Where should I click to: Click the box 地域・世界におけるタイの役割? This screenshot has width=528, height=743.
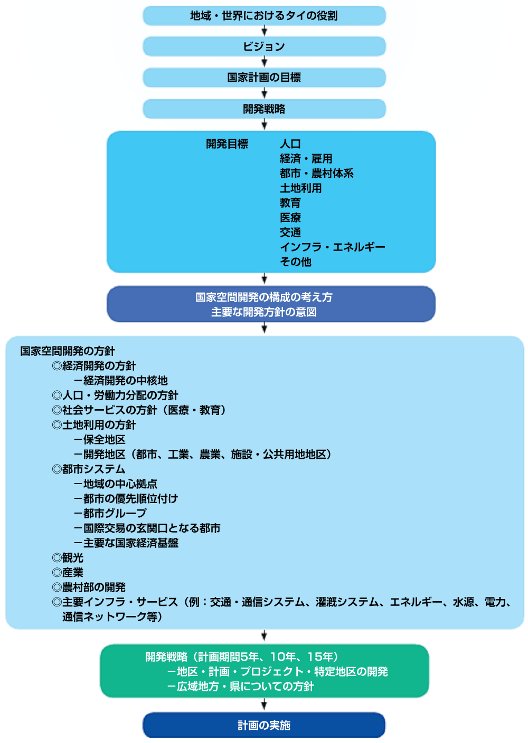[264, 16]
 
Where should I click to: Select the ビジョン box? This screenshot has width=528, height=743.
[264, 46]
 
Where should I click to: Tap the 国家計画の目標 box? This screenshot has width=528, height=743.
[264, 78]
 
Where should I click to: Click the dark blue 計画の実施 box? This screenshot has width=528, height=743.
[264, 725]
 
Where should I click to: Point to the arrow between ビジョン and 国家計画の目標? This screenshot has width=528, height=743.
[265, 62]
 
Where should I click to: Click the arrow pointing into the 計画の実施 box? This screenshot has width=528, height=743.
[265, 705]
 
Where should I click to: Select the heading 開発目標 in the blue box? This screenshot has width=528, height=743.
[227, 144]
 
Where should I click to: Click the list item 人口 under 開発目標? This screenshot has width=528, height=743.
[290, 144]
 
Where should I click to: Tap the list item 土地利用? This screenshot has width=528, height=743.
[301, 188]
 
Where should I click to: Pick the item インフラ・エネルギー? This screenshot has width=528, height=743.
[333, 247]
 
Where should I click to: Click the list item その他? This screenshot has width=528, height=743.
[296, 262]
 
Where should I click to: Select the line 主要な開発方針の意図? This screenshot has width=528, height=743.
[264, 312]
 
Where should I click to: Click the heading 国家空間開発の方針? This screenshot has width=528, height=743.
[68, 351]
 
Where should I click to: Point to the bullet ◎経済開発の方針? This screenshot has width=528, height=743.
[94, 365]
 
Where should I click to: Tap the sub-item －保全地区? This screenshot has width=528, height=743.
[100, 439]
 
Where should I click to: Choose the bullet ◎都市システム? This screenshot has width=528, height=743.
[89, 469]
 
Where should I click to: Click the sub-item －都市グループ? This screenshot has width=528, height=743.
[110, 513]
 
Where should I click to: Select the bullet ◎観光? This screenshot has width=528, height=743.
[68, 557]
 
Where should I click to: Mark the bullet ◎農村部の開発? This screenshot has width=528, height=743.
[89, 587]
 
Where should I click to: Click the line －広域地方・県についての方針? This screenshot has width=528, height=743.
[240, 686]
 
